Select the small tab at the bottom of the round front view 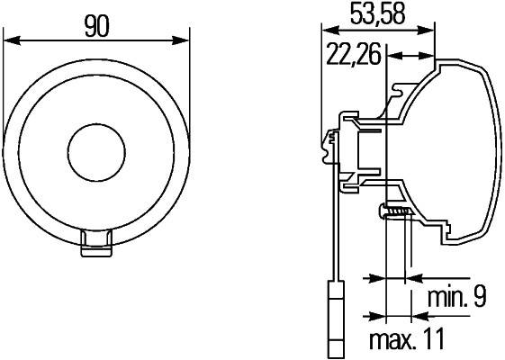click(96, 242)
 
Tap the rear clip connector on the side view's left click(330, 143)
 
